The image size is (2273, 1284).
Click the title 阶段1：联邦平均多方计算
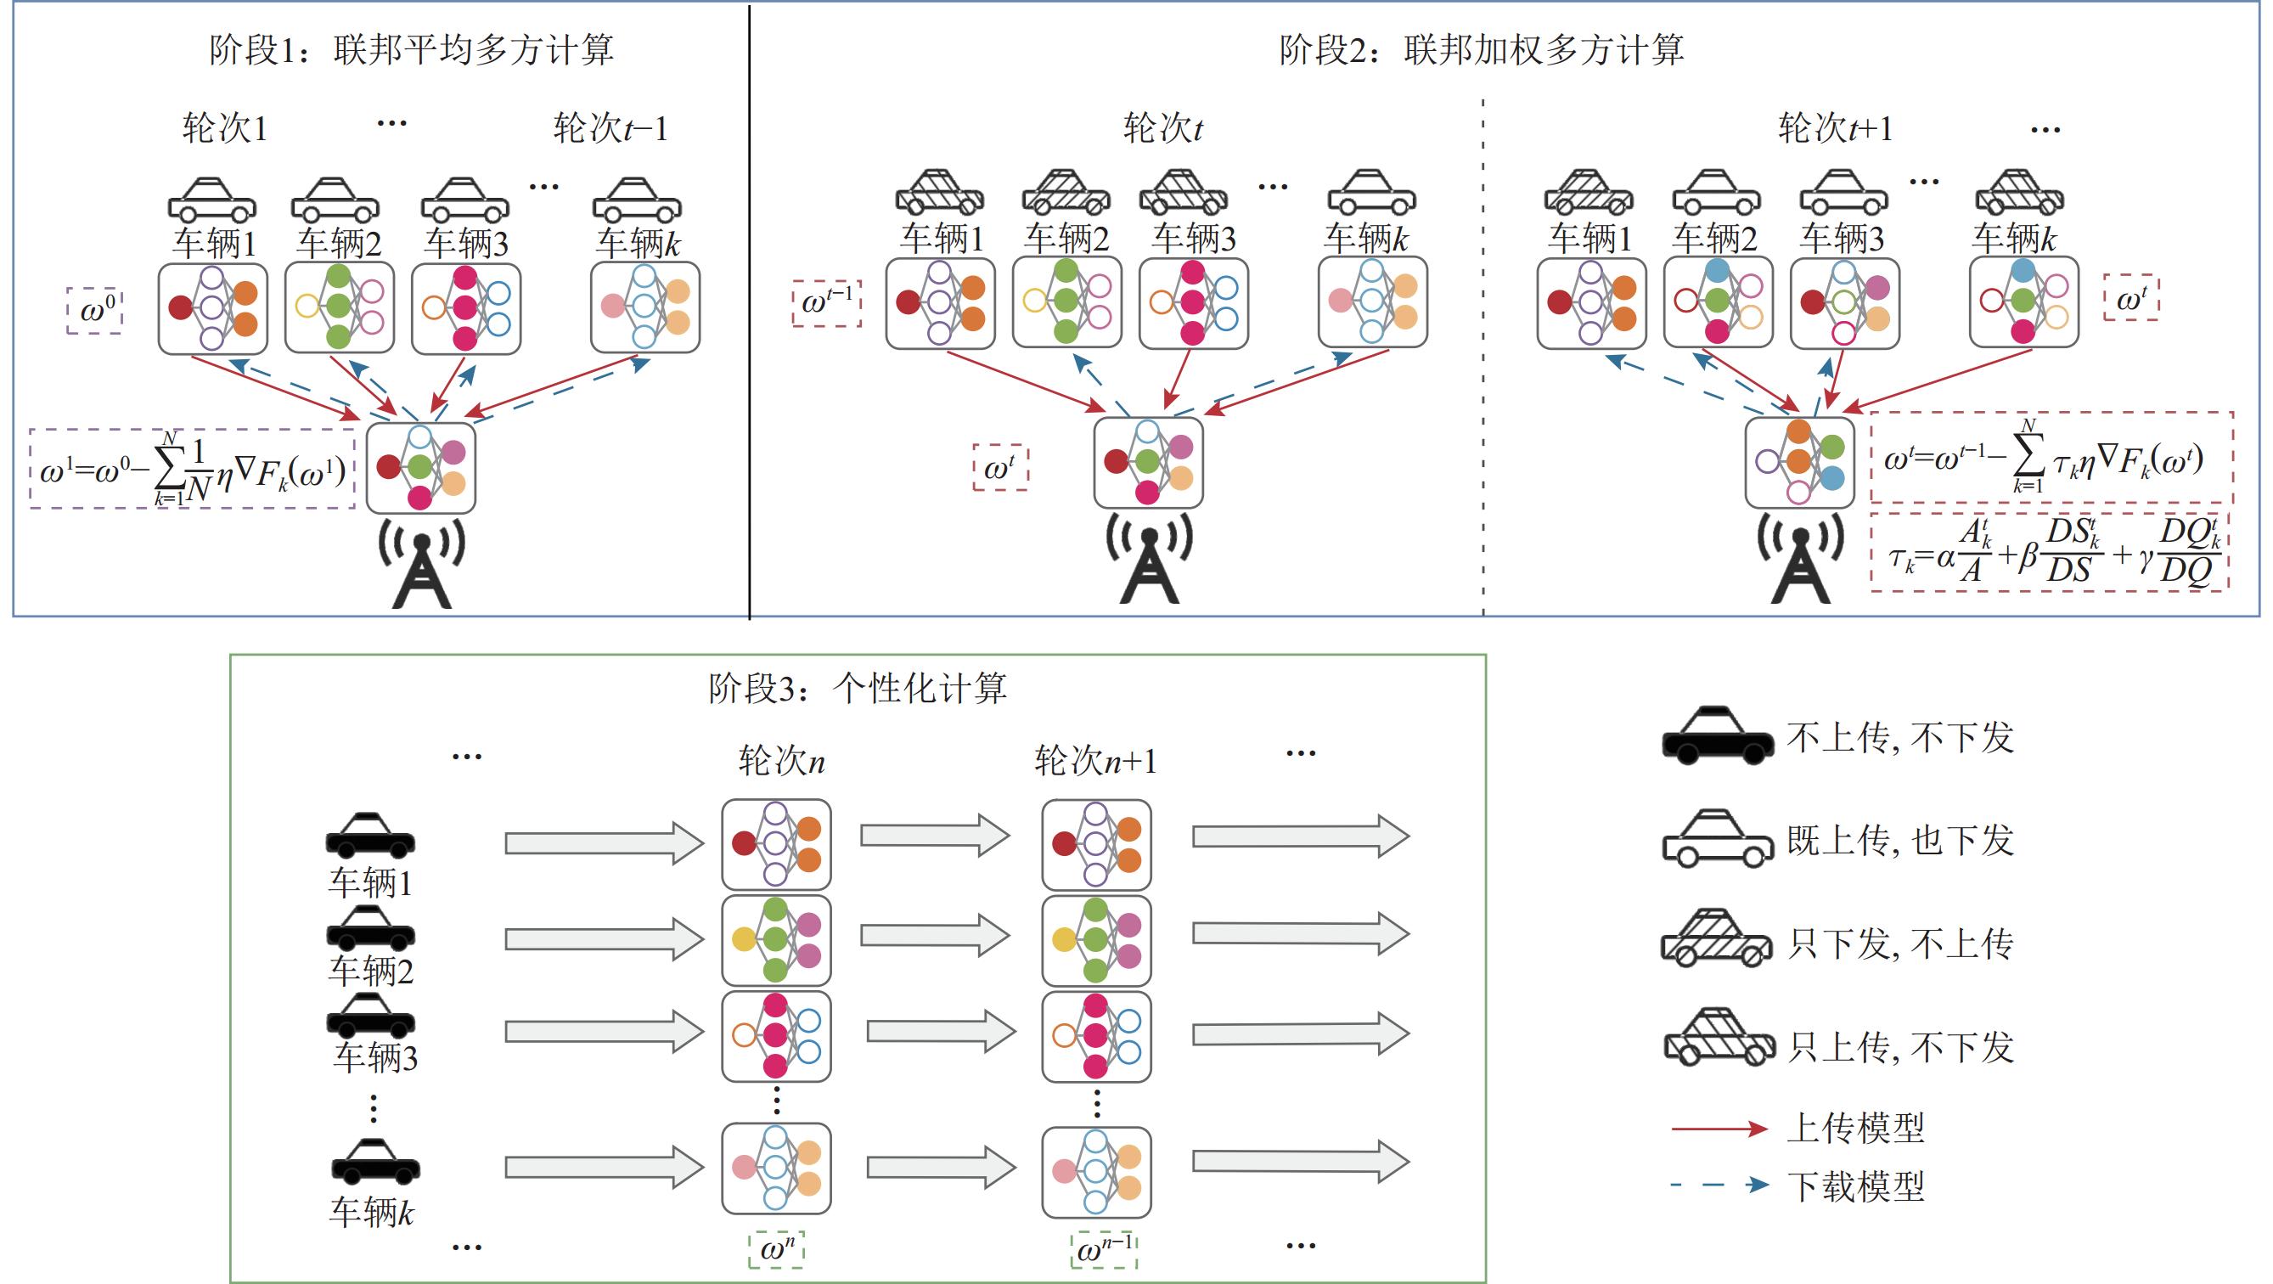tap(411, 49)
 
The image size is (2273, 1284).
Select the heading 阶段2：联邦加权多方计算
tap(1482, 49)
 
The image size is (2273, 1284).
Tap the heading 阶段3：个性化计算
tap(857, 689)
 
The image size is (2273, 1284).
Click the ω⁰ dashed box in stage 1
tap(95, 311)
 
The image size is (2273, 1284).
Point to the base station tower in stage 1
tap(422, 565)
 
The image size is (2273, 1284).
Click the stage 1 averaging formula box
tap(193, 469)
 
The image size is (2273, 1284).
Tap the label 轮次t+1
tap(1836, 129)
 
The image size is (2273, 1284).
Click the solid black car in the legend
tap(1717, 735)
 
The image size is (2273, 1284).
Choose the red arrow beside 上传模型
tap(1719, 1129)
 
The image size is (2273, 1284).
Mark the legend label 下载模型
tap(1855, 1186)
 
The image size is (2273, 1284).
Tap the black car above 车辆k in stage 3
tap(375, 1162)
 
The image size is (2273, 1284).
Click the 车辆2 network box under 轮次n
tap(775, 941)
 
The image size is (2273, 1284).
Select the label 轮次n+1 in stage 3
tap(1095, 761)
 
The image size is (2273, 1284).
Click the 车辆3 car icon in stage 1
tap(465, 200)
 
